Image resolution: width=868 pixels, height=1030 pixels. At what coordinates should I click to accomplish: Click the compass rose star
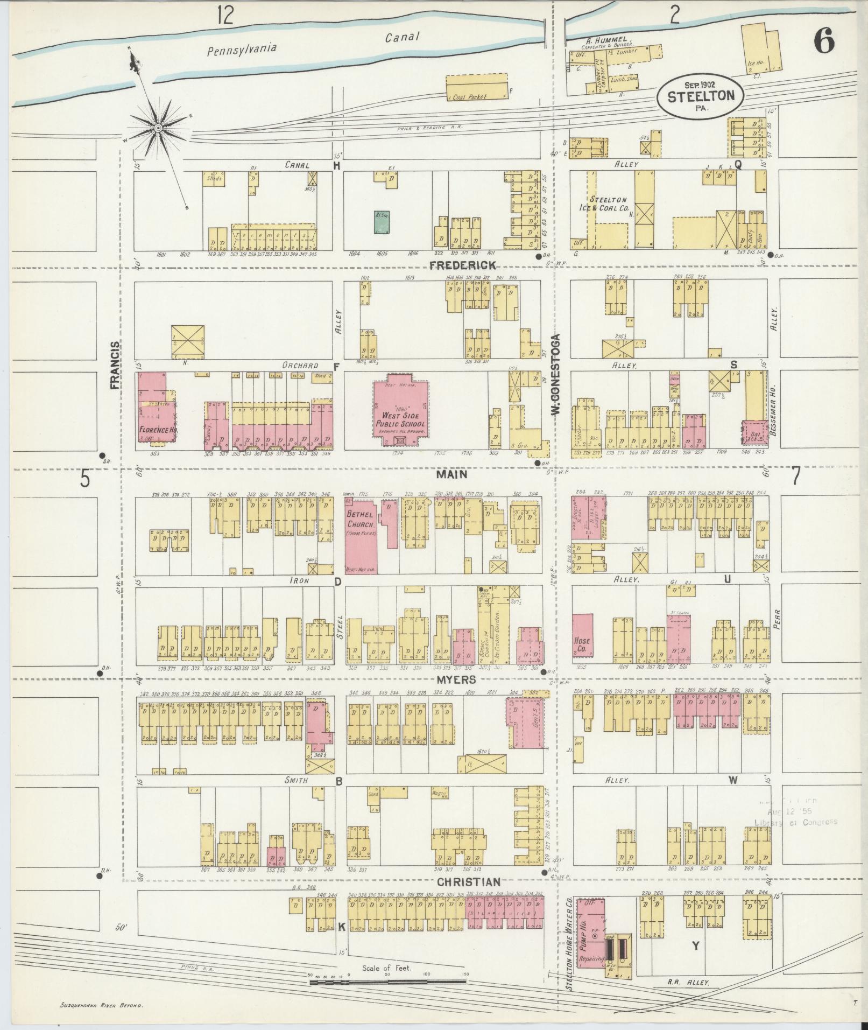click(x=158, y=128)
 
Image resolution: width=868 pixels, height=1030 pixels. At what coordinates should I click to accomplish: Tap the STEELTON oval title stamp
click(x=700, y=95)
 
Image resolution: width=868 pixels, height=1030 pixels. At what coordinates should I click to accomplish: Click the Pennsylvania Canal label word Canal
click(x=402, y=37)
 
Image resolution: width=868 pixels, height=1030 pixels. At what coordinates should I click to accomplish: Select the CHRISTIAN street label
click(x=469, y=881)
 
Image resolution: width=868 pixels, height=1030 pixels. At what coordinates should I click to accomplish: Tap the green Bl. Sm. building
click(x=382, y=222)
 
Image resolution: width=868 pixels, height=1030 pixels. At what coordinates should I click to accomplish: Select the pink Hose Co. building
click(x=582, y=636)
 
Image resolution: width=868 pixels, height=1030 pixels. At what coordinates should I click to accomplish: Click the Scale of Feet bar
click(x=387, y=982)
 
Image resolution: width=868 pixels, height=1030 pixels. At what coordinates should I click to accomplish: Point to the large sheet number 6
click(x=824, y=41)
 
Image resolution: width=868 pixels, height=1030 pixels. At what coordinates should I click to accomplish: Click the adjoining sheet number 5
click(x=84, y=478)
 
